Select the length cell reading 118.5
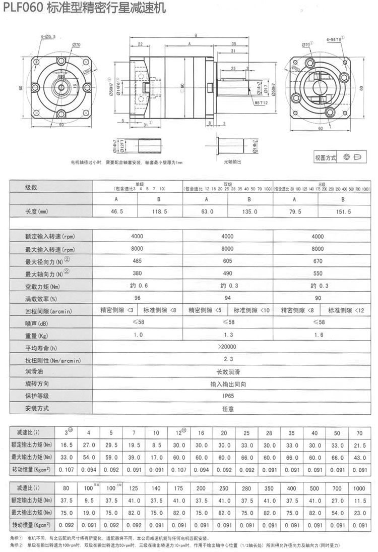click(159, 212)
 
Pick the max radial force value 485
click(137, 261)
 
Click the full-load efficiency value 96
click(137, 298)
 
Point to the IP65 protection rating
click(228, 396)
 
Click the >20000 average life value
click(228, 347)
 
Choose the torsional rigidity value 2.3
click(228, 360)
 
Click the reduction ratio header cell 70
click(359, 433)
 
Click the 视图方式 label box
click(325, 157)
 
